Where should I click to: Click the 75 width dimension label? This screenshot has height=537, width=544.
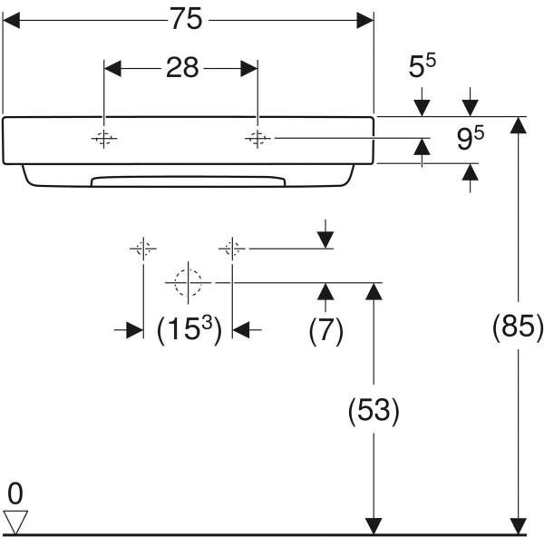[x=186, y=19]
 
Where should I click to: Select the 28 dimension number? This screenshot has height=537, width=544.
[x=182, y=67]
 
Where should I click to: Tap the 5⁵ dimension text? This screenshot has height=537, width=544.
[x=422, y=65]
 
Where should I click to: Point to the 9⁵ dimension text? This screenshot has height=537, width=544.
[x=470, y=139]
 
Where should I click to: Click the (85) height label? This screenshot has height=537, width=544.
[x=518, y=327]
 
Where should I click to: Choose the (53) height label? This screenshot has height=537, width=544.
[x=374, y=411]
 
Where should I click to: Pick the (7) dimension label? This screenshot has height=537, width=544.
[x=325, y=330]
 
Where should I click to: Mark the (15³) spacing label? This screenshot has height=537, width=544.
[x=189, y=330]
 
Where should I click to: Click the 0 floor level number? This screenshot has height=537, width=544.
[x=15, y=493]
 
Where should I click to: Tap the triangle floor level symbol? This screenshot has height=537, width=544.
[x=15, y=522]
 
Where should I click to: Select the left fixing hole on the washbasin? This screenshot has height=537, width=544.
[x=103, y=139]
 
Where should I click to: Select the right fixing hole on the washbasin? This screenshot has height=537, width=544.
[x=257, y=139]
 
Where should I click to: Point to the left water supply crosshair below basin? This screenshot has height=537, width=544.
[x=143, y=249]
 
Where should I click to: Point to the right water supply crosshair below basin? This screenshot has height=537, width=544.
[x=232, y=249]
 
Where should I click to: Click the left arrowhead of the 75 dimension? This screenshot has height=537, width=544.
[x=11, y=20]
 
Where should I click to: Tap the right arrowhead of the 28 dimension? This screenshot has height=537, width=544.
[x=249, y=68]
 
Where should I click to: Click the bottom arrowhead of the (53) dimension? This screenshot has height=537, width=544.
[x=374, y=526]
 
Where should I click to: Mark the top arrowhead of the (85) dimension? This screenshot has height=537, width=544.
[x=519, y=125]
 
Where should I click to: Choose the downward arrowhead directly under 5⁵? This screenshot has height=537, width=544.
[x=422, y=108]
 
